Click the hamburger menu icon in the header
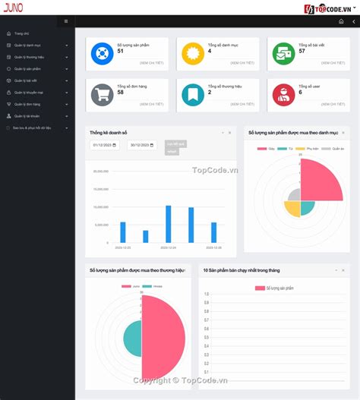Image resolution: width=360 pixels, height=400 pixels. (66, 21)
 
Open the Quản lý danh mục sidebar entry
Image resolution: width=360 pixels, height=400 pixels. (27, 45)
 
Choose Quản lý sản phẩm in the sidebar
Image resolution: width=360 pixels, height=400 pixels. (27, 68)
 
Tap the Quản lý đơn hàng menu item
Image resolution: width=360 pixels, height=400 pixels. (27, 104)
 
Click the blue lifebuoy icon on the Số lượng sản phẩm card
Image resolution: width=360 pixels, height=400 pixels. (101, 53)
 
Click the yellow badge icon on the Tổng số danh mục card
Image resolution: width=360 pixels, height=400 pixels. (193, 53)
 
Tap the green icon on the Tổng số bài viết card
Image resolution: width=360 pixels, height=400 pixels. (283, 53)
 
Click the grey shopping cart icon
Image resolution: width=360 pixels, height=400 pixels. (101, 95)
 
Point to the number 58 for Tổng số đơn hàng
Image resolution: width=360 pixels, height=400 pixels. (121, 93)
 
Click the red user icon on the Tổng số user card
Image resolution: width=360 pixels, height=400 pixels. (283, 95)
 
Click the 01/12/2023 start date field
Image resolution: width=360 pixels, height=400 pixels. (104, 145)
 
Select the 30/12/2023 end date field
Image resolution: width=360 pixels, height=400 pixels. (143, 145)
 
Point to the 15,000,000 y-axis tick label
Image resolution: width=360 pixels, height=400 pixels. (101, 189)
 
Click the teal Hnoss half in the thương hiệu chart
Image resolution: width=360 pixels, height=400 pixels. (132, 339)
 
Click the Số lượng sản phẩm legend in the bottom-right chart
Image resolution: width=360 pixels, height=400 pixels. (275, 288)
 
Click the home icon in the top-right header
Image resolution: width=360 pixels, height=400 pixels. (341, 21)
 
